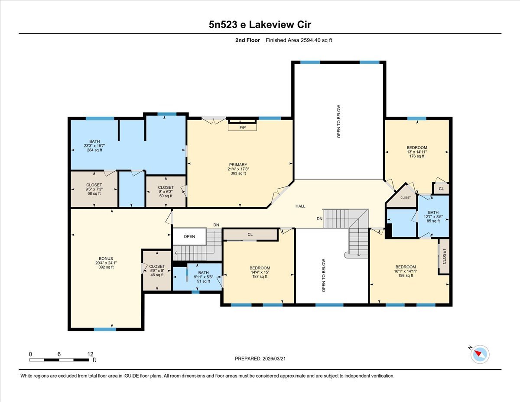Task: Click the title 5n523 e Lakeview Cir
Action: [260, 24]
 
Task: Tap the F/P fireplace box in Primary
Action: [242, 127]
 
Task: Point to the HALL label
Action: [300, 206]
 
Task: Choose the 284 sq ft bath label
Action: [94, 146]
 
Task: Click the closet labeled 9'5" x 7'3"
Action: [94, 189]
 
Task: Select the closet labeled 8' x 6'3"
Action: [166, 191]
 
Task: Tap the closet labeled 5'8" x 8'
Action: [157, 271]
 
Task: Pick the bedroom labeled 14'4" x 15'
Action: [260, 272]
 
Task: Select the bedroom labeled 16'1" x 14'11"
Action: [405, 271]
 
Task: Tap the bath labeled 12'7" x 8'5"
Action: [432, 216]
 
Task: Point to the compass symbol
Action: [479, 354]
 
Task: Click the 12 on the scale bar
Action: [90, 354]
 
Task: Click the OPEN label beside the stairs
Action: [189, 236]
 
